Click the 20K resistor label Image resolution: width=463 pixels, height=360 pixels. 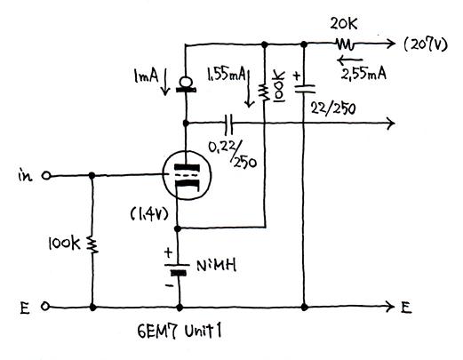pyautogui.click(x=344, y=24)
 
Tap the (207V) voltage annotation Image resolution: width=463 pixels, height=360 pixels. pyautogui.click(x=426, y=44)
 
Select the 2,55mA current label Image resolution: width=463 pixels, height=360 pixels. pyautogui.click(x=363, y=74)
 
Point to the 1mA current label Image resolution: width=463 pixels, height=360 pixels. pyautogui.click(x=146, y=76)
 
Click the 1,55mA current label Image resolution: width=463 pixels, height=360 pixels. pyautogui.click(x=227, y=75)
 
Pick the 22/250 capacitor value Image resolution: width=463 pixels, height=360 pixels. pyautogui.click(x=333, y=108)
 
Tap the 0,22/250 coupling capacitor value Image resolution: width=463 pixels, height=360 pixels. pyautogui.click(x=233, y=154)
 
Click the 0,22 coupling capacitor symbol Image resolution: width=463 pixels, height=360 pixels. pyautogui.click(x=228, y=124)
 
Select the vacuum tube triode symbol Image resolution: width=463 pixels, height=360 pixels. pyautogui.click(x=187, y=175)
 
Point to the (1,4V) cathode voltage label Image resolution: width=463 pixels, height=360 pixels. pyautogui.click(x=149, y=214)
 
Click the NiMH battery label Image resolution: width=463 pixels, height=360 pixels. pyautogui.click(x=217, y=265)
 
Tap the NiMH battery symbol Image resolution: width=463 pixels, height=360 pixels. pyautogui.click(x=177, y=268)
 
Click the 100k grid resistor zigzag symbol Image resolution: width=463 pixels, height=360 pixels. pyautogui.click(x=92, y=244)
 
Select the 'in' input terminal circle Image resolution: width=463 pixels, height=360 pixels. pyautogui.click(x=46, y=176)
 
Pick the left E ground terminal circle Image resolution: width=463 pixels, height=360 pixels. pyautogui.click(x=45, y=306)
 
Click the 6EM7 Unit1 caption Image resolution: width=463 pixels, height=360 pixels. pyautogui.click(x=180, y=331)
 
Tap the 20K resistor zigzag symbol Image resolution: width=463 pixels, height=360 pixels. pyautogui.click(x=345, y=44)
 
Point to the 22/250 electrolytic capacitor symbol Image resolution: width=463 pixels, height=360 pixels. pyautogui.click(x=304, y=88)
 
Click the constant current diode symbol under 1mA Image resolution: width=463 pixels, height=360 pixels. pyautogui.click(x=186, y=84)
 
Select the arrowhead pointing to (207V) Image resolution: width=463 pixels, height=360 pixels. pyautogui.click(x=392, y=44)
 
